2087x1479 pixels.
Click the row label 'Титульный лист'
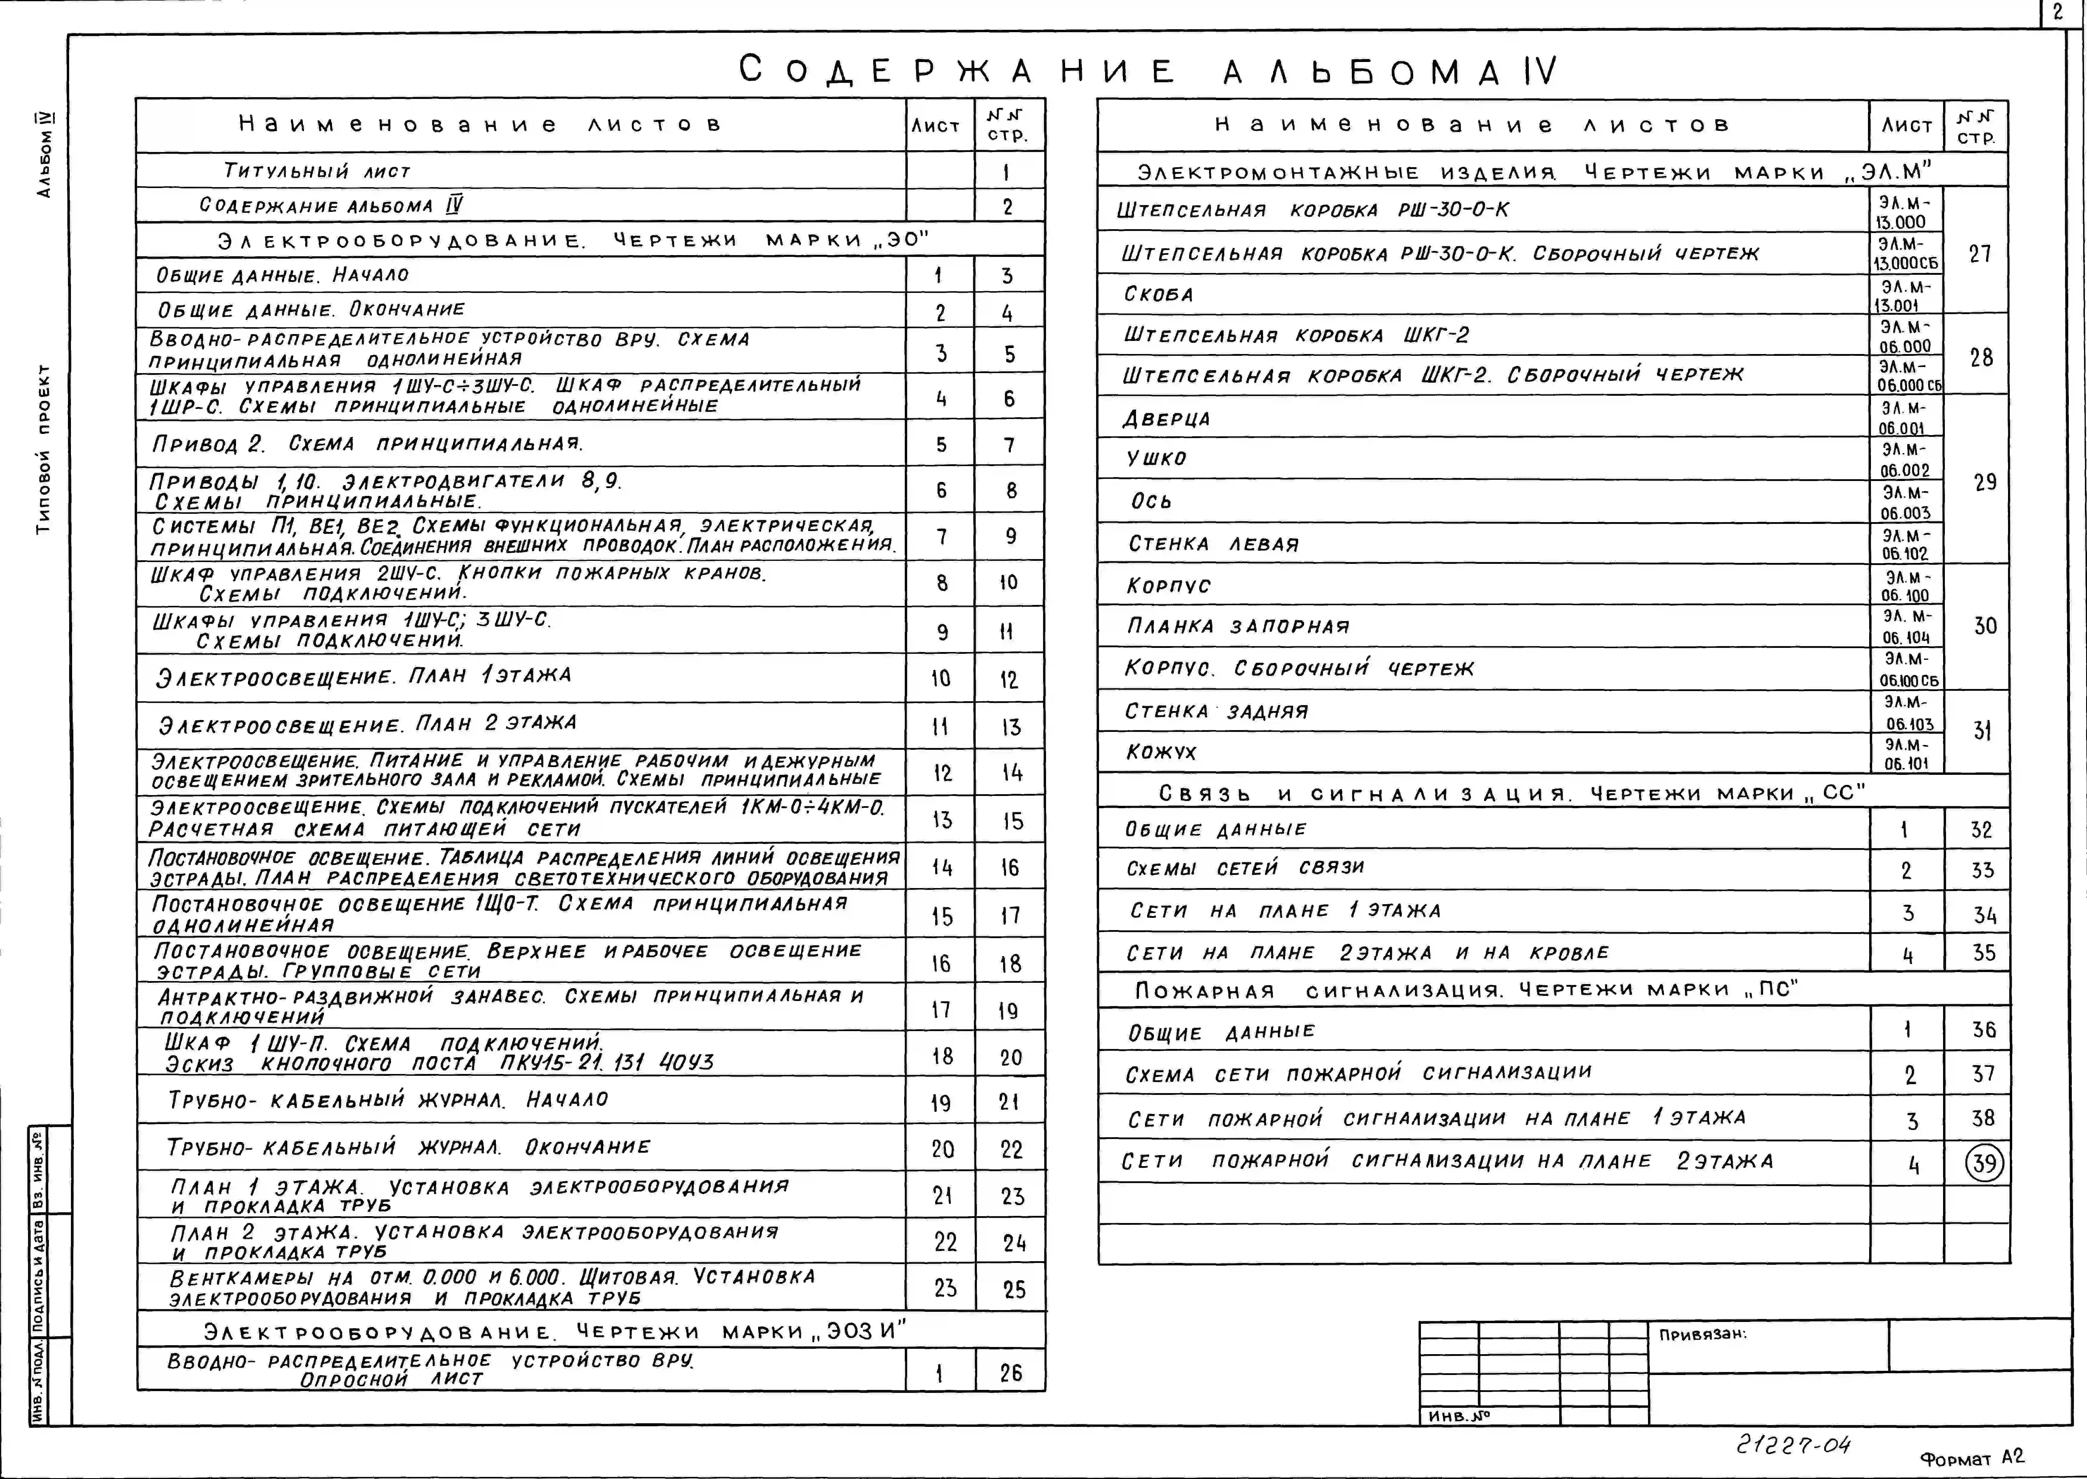(317, 170)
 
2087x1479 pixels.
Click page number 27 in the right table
(1979, 253)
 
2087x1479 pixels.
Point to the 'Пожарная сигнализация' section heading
(1466, 990)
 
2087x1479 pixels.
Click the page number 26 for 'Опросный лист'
(1011, 1372)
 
